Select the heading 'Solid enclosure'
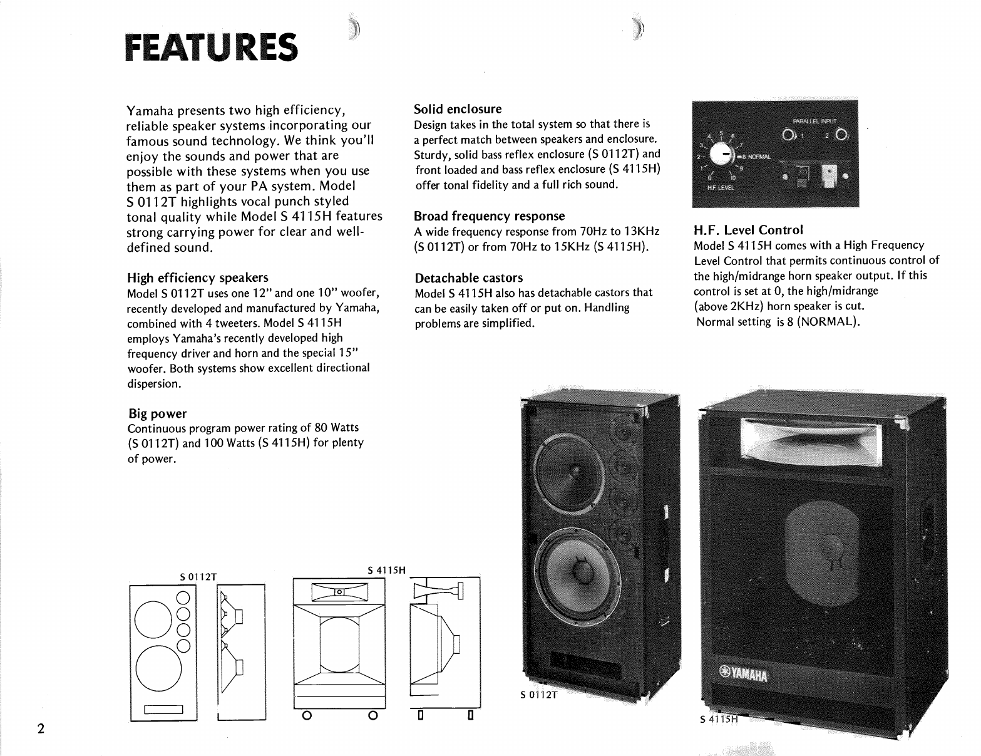pyautogui.click(x=458, y=109)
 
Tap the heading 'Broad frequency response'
pyautogui.click(x=489, y=216)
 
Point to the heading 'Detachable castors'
pyautogui.click(x=468, y=277)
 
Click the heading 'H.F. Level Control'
pyautogui.click(x=748, y=230)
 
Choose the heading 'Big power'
pyautogui.click(x=157, y=413)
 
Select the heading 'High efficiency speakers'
pyautogui.click(x=197, y=277)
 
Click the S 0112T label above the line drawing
pyautogui.click(x=197, y=576)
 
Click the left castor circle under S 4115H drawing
pyautogui.click(x=307, y=715)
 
